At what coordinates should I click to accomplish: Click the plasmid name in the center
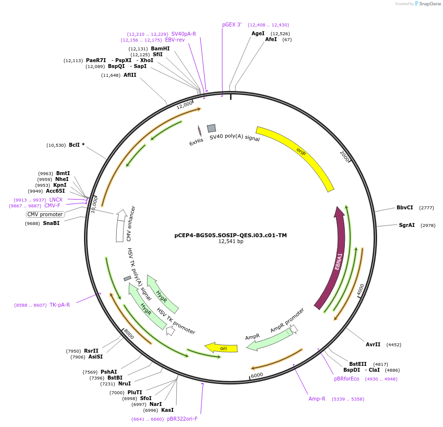[231, 235]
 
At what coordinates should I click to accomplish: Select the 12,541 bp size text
[231, 242]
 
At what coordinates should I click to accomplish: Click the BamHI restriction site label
[160, 48]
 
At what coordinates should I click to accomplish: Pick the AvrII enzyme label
[373, 344]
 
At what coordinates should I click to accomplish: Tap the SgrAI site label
[407, 225]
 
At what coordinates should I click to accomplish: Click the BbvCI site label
[405, 207]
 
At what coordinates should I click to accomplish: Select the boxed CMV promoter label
[45, 214]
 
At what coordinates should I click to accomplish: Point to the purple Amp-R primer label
[317, 399]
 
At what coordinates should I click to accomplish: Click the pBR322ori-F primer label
[182, 419]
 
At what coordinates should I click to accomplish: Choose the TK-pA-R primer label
[60, 305]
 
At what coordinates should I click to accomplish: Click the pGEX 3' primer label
[232, 24]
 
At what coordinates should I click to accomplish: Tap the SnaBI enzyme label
[51, 223]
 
